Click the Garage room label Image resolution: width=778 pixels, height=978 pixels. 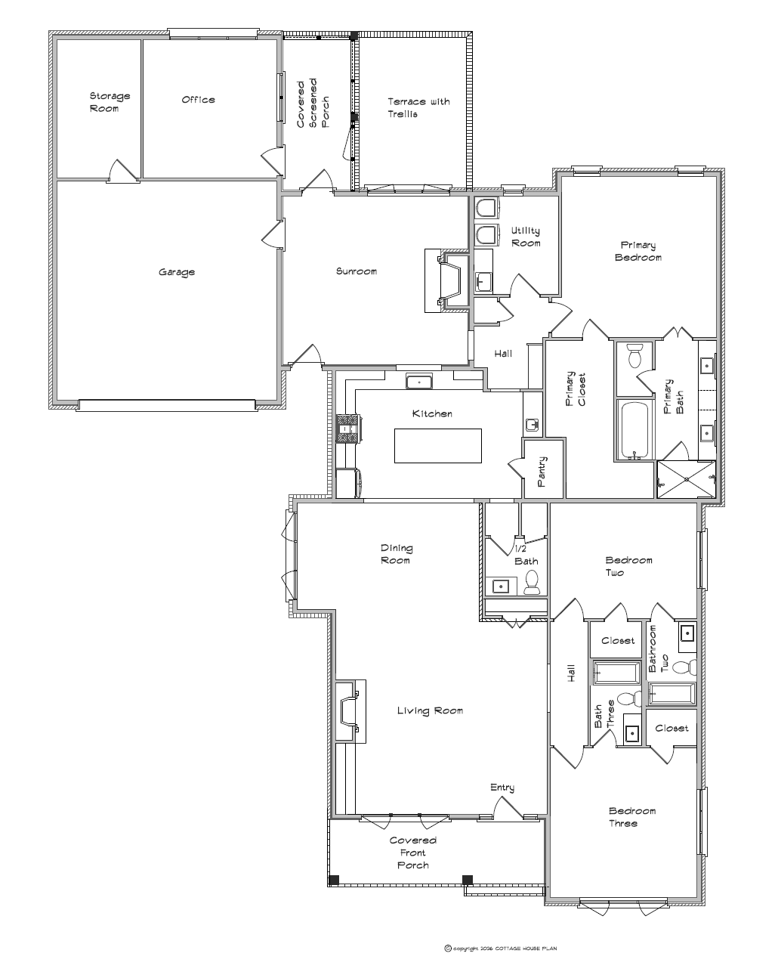click(x=177, y=272)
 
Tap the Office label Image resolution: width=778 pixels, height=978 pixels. click(x=198, y=100)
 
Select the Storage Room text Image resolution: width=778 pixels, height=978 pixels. click(x=110, y=102)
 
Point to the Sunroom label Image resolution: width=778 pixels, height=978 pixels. click(x=356, y=271)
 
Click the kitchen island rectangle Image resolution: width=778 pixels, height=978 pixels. click(x=438, y=445)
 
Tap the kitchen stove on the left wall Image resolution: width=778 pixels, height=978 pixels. click(x=348, y=428)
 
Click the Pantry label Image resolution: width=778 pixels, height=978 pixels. click(x=542, y=472)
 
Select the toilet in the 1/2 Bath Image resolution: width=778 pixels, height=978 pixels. click(x=531, y=582)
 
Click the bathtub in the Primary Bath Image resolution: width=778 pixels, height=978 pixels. click(x=634, y=429)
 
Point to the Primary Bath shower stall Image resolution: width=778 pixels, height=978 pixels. click(x=687, y=479)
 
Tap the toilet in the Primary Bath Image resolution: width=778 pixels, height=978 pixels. click(x=634, y=355)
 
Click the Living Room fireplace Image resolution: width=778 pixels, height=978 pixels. click(x=350, y=711)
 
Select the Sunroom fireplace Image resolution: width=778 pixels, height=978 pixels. click(x=447, y=280)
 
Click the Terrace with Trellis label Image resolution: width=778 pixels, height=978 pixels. click(x=418, y=108)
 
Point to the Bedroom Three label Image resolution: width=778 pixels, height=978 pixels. click(x=631, y=817)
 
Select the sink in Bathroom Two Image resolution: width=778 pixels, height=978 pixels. click(x=687, y=633)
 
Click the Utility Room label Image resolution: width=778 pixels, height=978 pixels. click(x=526, y=237)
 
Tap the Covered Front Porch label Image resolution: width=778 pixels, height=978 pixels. click(x=413, y=853)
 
